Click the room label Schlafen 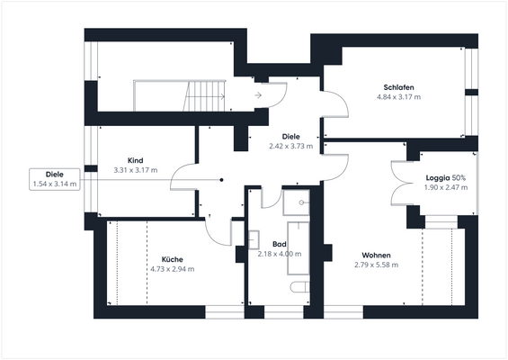point(398,86)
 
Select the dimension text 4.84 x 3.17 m point(398,96)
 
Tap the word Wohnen point(377,255)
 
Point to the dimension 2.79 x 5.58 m point(377,265)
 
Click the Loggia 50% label point(445,177)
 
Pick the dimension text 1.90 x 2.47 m point(445,187)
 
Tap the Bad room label point(279,244)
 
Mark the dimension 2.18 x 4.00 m point(279,254)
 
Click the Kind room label point(136,159)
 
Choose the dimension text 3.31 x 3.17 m point(136,169)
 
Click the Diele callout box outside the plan point(54,179)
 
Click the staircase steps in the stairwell point(205,93)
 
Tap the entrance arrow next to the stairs point(258,93)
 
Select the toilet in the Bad point(300,287)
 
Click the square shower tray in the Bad point(295,203)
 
